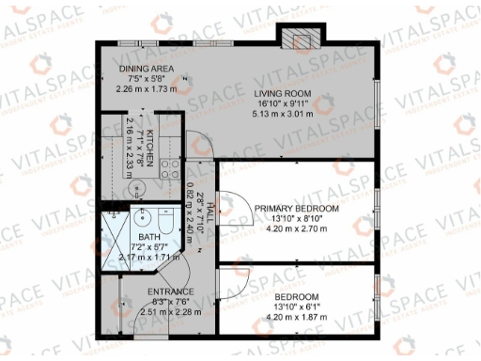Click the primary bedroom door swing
(x=233, y=177)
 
